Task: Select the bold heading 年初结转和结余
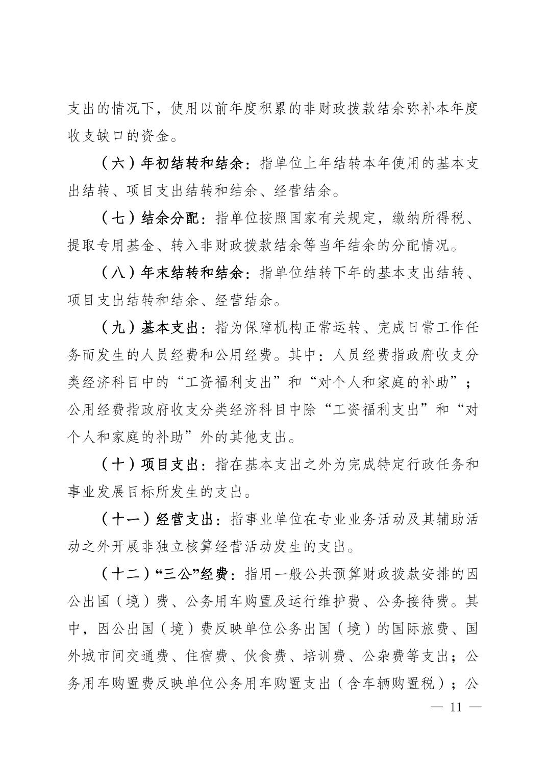(x=192, y=164)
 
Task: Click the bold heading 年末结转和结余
(x=192, y=274)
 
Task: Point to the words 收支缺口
(x=104, y=137)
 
